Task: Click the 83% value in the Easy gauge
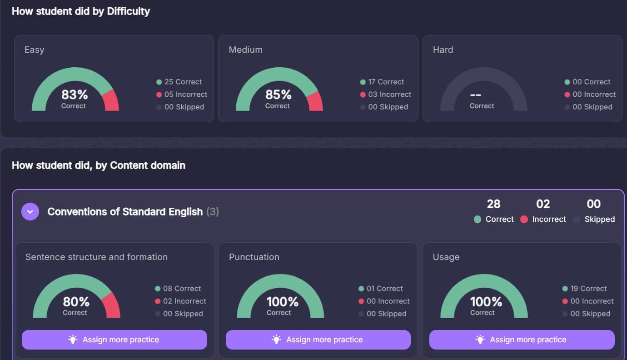pyautogui.click(x=75, y=95)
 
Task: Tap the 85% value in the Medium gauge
pyautogui.click(x=279, y=95)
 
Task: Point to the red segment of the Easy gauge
pyautogui.click(x=112, y=101)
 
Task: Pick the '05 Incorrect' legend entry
pyautogui.click(x=182, y=95)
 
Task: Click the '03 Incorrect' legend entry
pyautogui.click(x=386, y=95)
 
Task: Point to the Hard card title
pyautogui.click(x=443, y=50)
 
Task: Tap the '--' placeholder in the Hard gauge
pyautogui.click(x=476, y=95)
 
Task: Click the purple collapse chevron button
pyautogui.click(x=30, y=211)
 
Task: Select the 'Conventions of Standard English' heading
pyautogui.click(x=125, y=211)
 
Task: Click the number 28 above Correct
pyautogui.click(x=493, y=204)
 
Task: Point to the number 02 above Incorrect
pyautogui.click(x=543, y=204)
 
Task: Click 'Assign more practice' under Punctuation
pyautogui.click(x=318, y=340)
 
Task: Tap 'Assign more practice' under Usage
pyautogui.click(x=522, y=340)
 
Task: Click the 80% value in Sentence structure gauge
pyautogui.click(x=76, y=301)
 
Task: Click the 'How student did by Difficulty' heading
pyautogui.click(x=81, y=11)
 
